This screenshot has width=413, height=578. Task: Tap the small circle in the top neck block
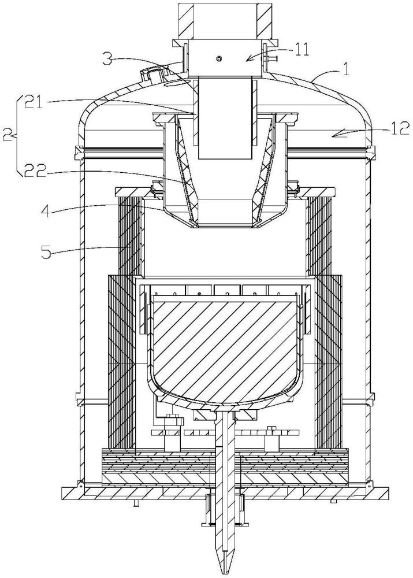click(x=219, y=58)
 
